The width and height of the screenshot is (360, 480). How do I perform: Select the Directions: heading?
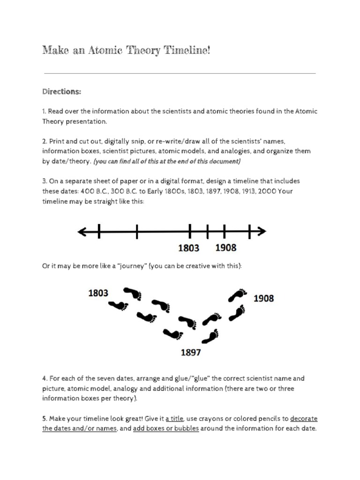pyautogui.click(x=61, y=92)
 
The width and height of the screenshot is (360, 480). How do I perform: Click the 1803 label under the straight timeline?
pyautogui.click(x=189, y=248)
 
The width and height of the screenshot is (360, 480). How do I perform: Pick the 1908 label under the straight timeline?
pyautogui.click(x=225, y=248)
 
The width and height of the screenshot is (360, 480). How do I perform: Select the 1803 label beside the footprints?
pyautogui.click(x=98, y=293)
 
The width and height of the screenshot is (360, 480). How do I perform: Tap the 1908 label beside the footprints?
pyautogui.click(x=263, y=298)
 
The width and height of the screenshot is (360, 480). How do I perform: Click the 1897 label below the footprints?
pyautogui.click(x=191, y=352)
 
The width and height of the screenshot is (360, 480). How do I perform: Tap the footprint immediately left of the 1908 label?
pyautogui.click(x=238, y=295)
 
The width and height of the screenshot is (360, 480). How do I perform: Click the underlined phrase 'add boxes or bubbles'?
pyautogui.click(x=166, y=428)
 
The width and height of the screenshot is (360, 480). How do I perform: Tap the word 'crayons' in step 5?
pyautogui.click(x=213, y=419)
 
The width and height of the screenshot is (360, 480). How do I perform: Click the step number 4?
pyautogui.click(x=45, y=378)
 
